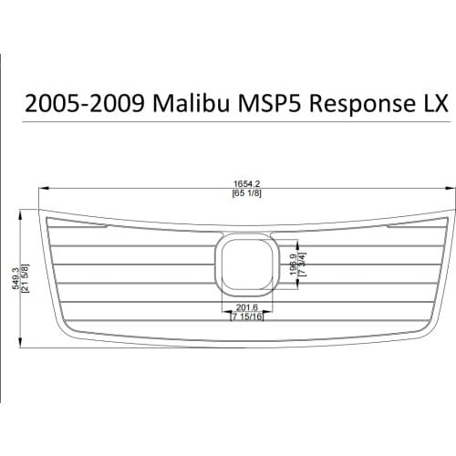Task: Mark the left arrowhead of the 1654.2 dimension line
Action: [x=40, y=190]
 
